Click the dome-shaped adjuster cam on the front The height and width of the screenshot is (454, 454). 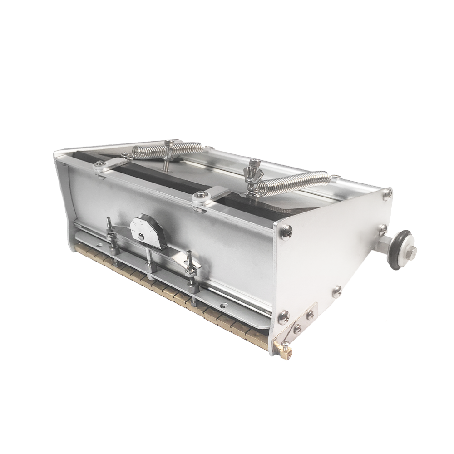(146, 230)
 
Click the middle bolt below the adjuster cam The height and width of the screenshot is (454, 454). (149, 263)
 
